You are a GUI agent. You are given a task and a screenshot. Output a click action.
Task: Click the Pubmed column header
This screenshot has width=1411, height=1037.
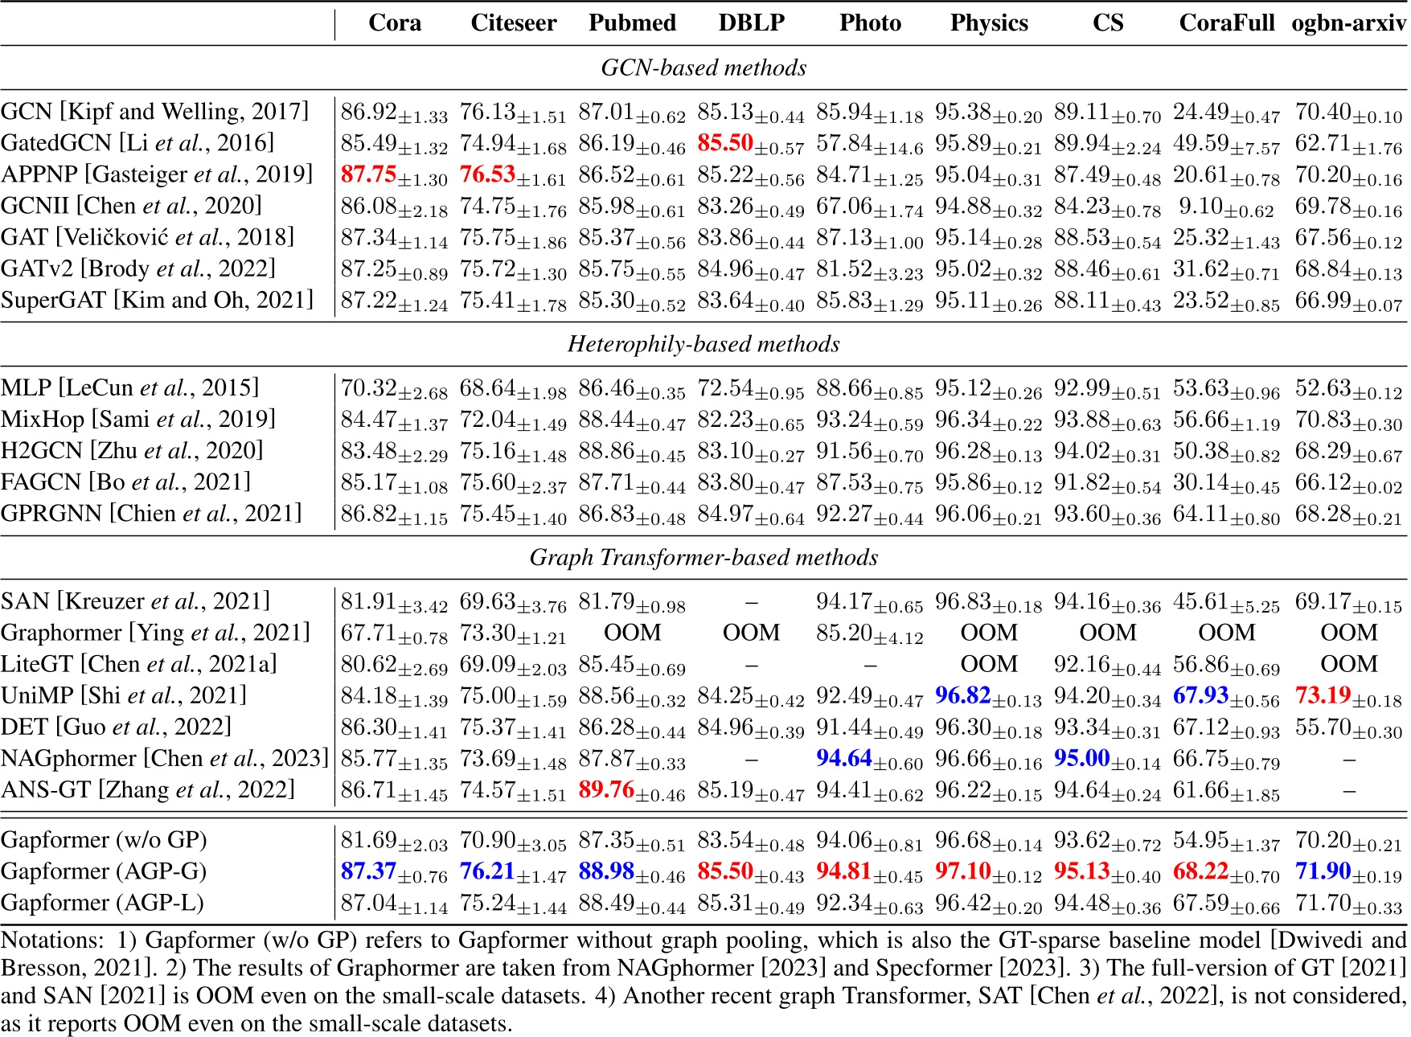pos(632,23)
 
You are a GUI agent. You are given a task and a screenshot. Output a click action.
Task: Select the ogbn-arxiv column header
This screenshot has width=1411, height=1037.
pos(1348,23)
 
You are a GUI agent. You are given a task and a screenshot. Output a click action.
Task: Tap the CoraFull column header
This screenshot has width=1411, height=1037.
pos(1226,23)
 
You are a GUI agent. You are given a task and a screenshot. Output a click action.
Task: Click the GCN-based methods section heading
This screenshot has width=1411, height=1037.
pos(703,68)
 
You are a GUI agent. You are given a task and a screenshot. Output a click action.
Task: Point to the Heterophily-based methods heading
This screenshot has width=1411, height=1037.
pos(703,344)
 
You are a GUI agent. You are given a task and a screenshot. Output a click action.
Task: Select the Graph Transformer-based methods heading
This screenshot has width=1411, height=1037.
pos(703,557)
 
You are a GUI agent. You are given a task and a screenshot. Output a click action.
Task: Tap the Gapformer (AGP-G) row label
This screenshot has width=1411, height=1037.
pos(104,871)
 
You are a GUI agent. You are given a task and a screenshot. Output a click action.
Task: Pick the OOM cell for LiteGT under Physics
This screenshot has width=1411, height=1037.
pos(989,664)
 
